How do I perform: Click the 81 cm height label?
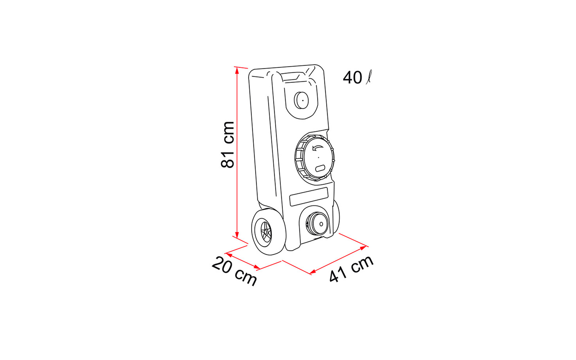coord(228,145)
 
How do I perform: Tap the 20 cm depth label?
coord(234,271)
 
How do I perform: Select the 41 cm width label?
coord(351,269)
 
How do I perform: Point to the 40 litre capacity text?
coord(357,77)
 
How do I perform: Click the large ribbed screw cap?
coord(315,157)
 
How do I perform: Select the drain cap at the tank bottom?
coord(317,224)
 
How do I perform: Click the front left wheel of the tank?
coord(269,232)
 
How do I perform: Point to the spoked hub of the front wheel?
coord(266,232)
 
